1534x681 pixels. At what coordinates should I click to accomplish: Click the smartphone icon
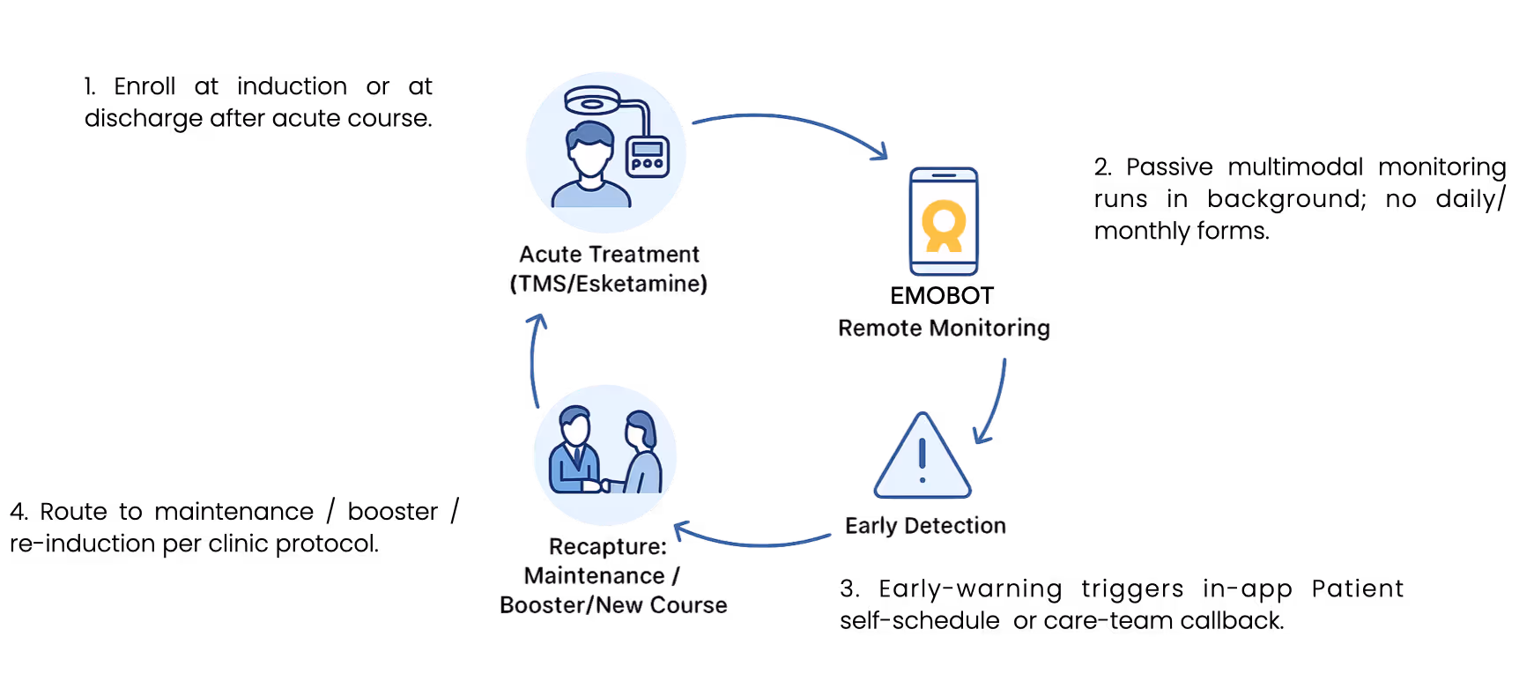pyautogui.click(x=944, y=221)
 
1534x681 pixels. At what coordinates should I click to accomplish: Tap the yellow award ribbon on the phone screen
pyautogui.click(x=944, y=226)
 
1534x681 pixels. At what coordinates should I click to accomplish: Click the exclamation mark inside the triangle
pyautogui.click(x=922, y=460)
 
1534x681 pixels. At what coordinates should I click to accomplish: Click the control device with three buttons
pyautogui.click(x=648, y=157)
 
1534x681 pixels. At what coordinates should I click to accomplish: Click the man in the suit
pyautogui.click(x=574, y=452)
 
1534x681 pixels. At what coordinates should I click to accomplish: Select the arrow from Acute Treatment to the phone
pyautogui.click(x=789, y=126)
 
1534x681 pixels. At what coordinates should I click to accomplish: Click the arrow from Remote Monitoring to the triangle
pyautogui.click(x=994, y=401)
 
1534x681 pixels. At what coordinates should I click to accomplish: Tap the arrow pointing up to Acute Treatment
pyautogui.click(x=534, y=361)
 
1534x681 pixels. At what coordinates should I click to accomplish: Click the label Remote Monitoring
pyautogui.click(x=944, y=329)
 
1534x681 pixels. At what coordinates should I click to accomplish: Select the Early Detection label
pyautogui.click(x=925, y=526)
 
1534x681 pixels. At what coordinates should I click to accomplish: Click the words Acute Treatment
pyautogui.click(x=608, y=255)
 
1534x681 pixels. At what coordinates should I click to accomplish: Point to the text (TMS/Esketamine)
pyautogui.click(x=608, y=284)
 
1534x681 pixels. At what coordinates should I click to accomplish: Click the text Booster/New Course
pyautogui.click(x=613, y=604)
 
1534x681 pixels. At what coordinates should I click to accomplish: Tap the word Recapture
pyautogui.click(x=608, y=547)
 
